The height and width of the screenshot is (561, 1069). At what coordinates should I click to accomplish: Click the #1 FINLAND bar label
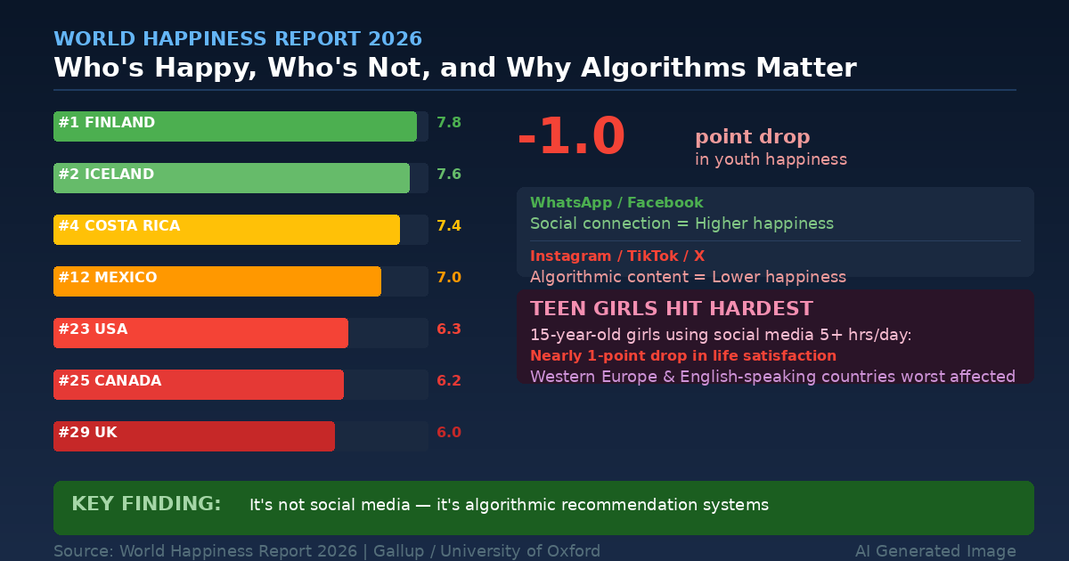tap(107, 123)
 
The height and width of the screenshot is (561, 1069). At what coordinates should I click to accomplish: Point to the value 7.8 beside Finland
tap(449, 123)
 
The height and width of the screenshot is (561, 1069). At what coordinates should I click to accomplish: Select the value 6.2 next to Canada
tap(449, 381)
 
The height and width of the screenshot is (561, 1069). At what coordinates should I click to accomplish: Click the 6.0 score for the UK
tap(449, 433)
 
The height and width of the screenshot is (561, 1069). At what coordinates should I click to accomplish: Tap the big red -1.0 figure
tap(571, 138)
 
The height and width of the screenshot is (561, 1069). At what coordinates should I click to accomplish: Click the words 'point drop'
tap(753, 137)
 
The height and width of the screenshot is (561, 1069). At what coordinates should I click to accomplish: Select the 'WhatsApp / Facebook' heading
tap(616, 203)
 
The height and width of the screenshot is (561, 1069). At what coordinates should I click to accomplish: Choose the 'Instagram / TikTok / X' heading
tap(617, 256)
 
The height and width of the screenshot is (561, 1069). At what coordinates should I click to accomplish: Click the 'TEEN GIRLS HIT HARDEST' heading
tap(672, 309)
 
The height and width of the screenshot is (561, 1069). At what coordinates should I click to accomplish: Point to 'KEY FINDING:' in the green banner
tap(146, 504)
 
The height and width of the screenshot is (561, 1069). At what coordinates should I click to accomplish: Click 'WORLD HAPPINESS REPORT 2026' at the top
tap(238, 39)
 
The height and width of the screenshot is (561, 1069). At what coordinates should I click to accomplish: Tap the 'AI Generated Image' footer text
tap(935, 551)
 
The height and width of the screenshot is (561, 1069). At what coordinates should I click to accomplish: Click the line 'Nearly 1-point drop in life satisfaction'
tap(683, 356)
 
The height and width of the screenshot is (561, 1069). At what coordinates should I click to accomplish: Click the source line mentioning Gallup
tap(327, 551)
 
